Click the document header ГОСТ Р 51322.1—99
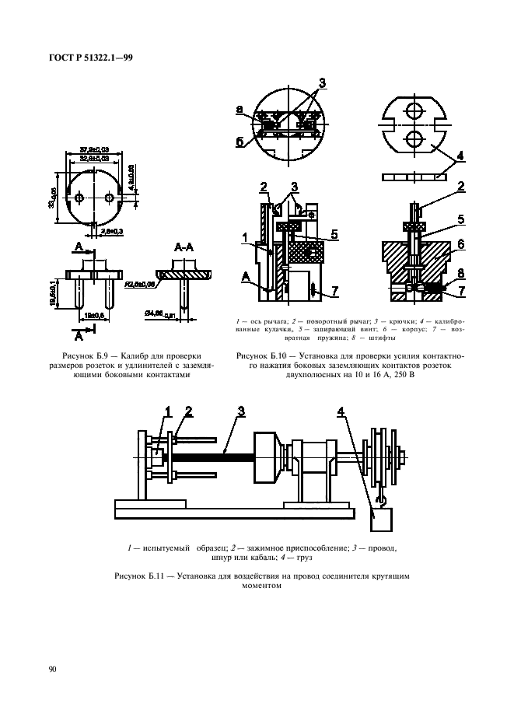coord(92,57)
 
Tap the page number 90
coord(52,668)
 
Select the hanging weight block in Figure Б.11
coord(381,516)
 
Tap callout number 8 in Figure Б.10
coord(461,273)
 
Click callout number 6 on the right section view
coord(461,244)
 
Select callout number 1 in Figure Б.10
coord(244,236)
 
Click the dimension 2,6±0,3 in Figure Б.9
coord(113,232)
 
